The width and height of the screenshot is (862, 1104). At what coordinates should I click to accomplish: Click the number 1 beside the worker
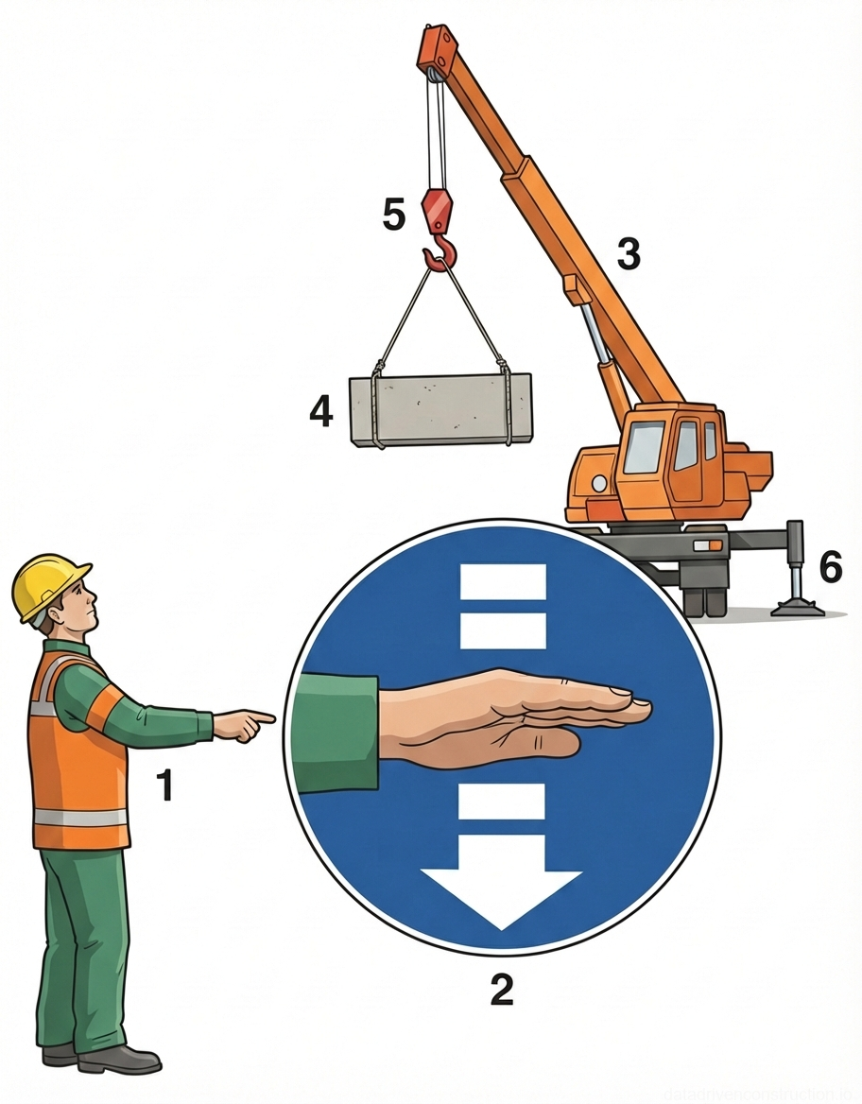[x=165, y=785]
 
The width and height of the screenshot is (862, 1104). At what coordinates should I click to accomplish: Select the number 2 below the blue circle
[x=501, y=989]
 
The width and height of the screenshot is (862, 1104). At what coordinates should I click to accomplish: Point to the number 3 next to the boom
[x=629, y=254]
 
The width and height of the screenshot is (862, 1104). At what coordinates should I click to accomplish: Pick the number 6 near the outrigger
[x=830, y=567]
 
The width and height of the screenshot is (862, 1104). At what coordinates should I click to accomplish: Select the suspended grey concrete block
[x=440, y=408]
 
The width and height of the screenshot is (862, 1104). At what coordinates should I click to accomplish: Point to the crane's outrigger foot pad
[x=798, y=608]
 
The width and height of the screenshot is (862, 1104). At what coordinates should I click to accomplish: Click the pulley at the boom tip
[x=433, y=68]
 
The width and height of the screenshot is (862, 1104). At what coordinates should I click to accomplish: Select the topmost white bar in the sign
[x=503, y=581]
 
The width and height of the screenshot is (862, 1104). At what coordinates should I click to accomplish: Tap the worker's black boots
[x=104, y=1059]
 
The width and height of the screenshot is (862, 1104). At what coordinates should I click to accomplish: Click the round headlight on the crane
[x=598, y=483]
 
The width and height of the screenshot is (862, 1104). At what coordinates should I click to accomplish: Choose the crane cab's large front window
[x=643, y=447]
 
